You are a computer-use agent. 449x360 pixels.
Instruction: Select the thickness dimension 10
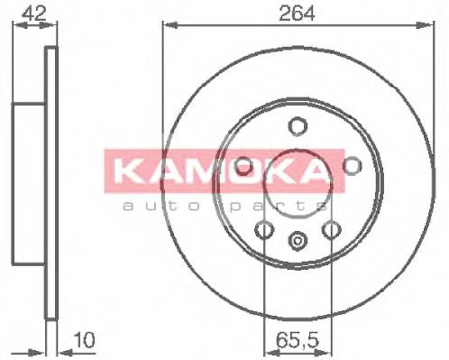[x=83, y=341]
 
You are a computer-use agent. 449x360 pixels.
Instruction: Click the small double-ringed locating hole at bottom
[x=298, y=241]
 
